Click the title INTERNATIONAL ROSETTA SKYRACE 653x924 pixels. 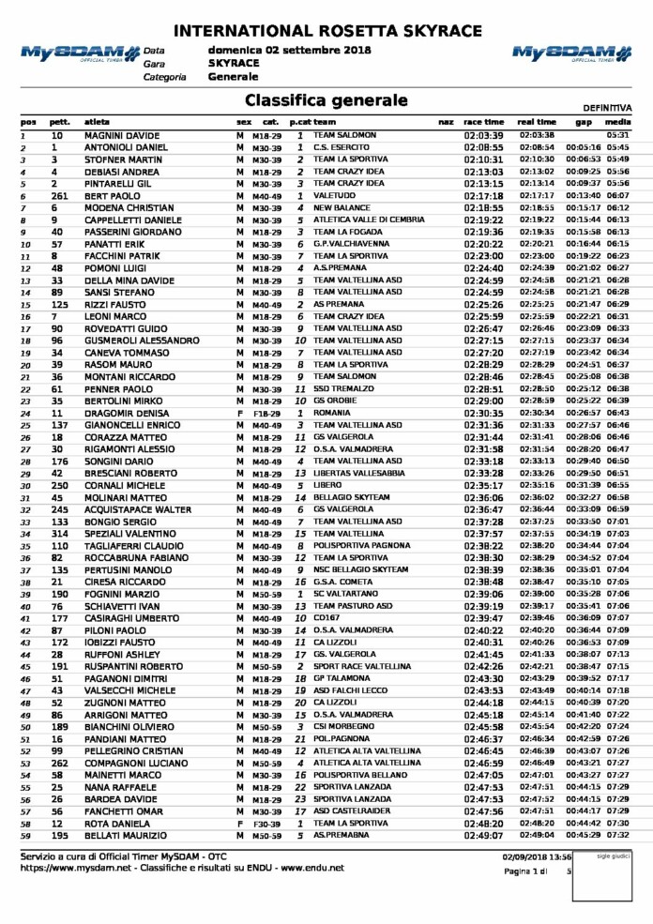pyautogui.click(x=326, y=30)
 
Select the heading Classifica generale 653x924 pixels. pyautogui.click(x=326, y=100)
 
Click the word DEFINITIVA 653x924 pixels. pyautogui.click(x=608, y=109)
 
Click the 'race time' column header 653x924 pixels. pyautogui.click(x=483, y=123)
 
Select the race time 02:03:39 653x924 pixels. pyautogui.click(x=483, y=136)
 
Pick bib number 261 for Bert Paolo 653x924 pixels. pyautogui.click(x=57, y=196)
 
